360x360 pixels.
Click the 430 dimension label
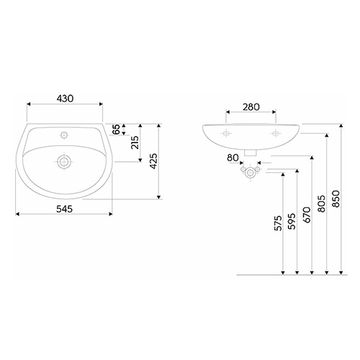tap(65, 99)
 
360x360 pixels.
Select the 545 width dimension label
tap(64, 209)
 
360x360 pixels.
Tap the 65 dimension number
tap(116, 130)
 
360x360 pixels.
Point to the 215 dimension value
tap(135, 143)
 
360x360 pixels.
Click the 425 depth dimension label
tap(153, 161)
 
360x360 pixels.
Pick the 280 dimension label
tap(251, 107)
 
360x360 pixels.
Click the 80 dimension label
tap(233, 158)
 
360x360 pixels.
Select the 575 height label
tap(278, 223)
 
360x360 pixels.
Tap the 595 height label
tap(292, 221)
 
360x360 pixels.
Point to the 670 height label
tap(307, 215)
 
